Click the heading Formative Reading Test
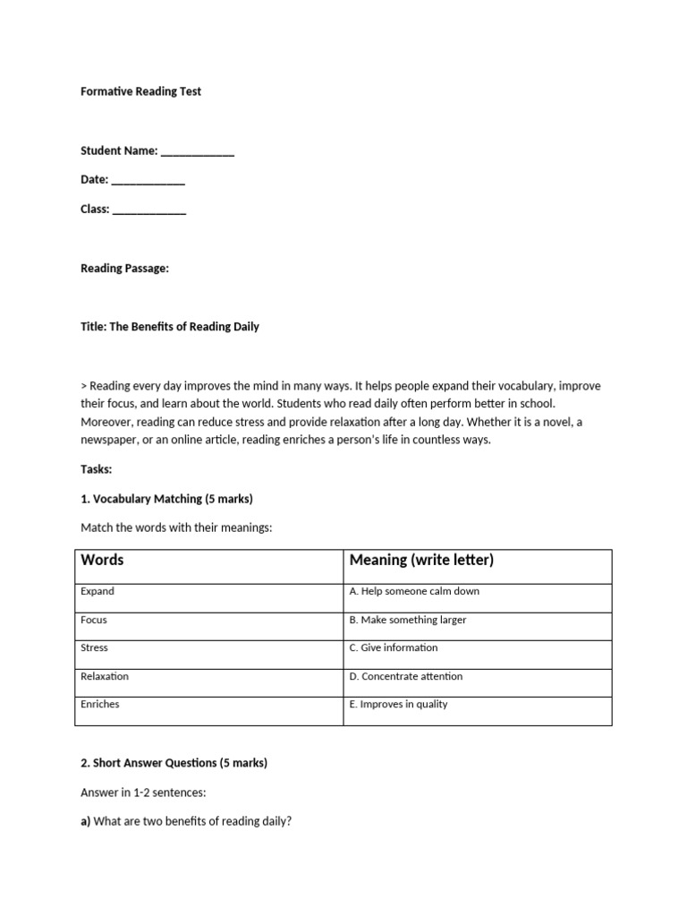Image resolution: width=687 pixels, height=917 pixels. point(141,91)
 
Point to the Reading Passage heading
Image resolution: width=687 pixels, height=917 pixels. point(124,268)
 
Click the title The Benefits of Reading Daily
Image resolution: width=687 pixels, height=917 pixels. point(170,327)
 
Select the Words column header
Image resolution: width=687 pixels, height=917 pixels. point(103,561)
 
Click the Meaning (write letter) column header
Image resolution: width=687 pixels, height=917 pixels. point(421,561)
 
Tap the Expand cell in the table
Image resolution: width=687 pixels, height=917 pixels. point(98,592)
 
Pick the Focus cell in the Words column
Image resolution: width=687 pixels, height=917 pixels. point(94,620)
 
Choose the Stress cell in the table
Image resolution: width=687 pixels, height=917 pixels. point(94,647)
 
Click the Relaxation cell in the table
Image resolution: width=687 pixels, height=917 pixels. point(105,676)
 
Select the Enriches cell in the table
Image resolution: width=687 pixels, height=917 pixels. point(100,704)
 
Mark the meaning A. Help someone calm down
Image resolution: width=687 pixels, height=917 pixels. point(414,592)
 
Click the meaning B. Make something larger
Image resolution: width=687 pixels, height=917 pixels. point(408,620)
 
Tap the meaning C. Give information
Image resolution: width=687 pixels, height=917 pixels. point(394,647)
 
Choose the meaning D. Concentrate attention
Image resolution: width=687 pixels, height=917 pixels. point(406,676)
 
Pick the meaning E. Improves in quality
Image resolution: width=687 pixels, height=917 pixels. point(399,704)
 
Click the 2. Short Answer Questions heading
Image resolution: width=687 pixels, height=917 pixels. point(174,763)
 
